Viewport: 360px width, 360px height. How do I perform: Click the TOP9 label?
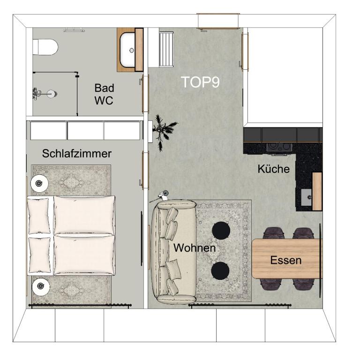click(200, 82)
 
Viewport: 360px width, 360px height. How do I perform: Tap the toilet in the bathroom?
click(45, 47)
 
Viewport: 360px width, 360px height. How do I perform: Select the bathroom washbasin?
click(127, 50)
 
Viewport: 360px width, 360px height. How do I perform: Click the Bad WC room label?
click(104, 94)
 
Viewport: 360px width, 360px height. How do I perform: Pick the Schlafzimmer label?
click(77, 153)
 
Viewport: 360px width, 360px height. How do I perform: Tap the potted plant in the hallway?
click(164, 133)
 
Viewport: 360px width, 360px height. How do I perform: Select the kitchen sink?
click(307, 197)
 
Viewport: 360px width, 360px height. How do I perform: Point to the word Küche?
click(273, 169)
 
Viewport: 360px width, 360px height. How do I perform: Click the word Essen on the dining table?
click(285, 260)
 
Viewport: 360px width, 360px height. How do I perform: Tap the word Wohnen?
click(195, 247)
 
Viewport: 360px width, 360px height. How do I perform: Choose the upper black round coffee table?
click(221, 231)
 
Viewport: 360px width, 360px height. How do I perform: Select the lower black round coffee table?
click(220, 270)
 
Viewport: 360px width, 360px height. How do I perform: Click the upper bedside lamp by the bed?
click(39, 183)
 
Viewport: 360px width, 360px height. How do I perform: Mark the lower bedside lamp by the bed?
click(41, 286)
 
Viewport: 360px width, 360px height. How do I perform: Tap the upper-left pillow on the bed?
click(38, 216)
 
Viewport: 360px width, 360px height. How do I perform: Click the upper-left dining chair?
click(274, 233)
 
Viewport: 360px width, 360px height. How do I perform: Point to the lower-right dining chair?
click(303, 284)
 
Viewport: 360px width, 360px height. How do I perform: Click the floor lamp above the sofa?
click(163, 195)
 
